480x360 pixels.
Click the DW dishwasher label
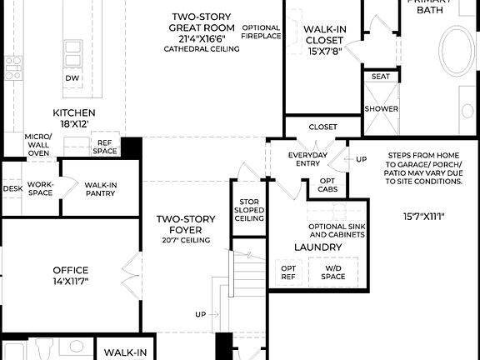tap(72, 78)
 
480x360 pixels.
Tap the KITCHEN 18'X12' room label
tap(74, 117)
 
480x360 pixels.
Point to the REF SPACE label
tap(104, 147)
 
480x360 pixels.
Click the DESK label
tap(12, 188)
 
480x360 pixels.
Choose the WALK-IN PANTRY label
tap(100, 188)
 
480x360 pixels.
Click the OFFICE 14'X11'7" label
tap(70, 275)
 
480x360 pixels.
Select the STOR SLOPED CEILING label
tap(250, 210)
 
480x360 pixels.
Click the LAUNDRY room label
tap(317, 247)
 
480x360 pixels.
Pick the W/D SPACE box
tap(333, 272)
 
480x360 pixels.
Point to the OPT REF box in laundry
tap(287, 272)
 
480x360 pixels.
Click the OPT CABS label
tap(327, 185)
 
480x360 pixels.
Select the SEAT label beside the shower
tap(380, 77)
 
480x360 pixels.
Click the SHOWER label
tap(380, 109)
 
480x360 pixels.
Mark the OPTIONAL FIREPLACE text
tap(261, 32)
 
